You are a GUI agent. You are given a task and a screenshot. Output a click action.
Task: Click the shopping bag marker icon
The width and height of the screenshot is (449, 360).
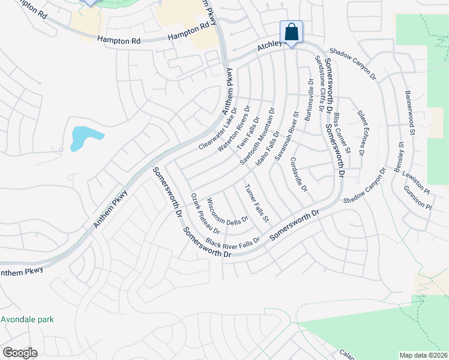pos(291,32)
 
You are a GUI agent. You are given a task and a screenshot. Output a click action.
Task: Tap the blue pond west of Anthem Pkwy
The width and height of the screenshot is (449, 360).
pos(82,138)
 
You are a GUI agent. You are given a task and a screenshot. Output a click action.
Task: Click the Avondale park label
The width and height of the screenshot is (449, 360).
pos(27,319)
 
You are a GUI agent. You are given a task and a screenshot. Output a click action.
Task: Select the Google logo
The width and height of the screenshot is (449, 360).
pos(19,353)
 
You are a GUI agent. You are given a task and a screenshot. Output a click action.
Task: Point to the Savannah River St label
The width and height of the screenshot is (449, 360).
pos(286,135)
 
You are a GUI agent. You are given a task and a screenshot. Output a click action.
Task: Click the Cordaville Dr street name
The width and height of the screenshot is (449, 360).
pos(298,175)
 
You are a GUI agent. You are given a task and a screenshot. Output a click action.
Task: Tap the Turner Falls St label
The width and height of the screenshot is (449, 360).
pos(256,202)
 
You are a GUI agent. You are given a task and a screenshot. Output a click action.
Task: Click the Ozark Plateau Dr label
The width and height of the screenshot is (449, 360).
pos(205,213)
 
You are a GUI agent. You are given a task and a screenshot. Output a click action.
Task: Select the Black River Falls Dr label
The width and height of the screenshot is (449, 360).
pos(232,242)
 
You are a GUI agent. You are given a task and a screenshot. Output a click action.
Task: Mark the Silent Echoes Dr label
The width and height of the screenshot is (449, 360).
pos(361,133)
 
